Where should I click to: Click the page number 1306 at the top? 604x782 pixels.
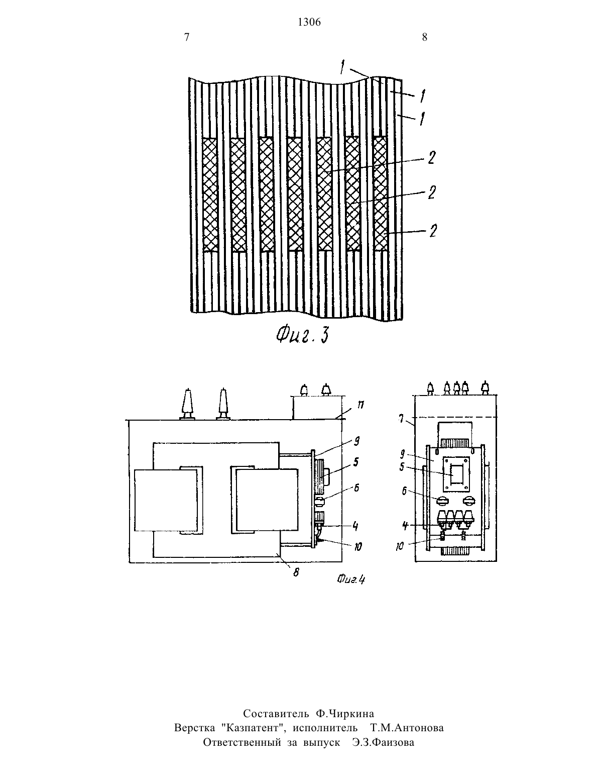click(309, 22)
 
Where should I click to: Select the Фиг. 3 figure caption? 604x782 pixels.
click(302, 337)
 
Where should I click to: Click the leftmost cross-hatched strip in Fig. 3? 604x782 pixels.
click(210, 194)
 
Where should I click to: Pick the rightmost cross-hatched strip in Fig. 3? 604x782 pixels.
click(380, 193)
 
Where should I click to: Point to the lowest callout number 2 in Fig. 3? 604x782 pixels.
click(434, 231)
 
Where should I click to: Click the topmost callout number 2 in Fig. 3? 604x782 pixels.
click(432, 158)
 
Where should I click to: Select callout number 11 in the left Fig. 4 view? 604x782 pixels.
click(360, 405)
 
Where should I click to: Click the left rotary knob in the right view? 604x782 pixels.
click(442, 501)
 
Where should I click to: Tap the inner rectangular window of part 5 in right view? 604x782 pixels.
click(457, 474)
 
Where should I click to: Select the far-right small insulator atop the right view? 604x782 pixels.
click(486, 388)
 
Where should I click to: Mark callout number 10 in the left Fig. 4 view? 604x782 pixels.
click(357, 547)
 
